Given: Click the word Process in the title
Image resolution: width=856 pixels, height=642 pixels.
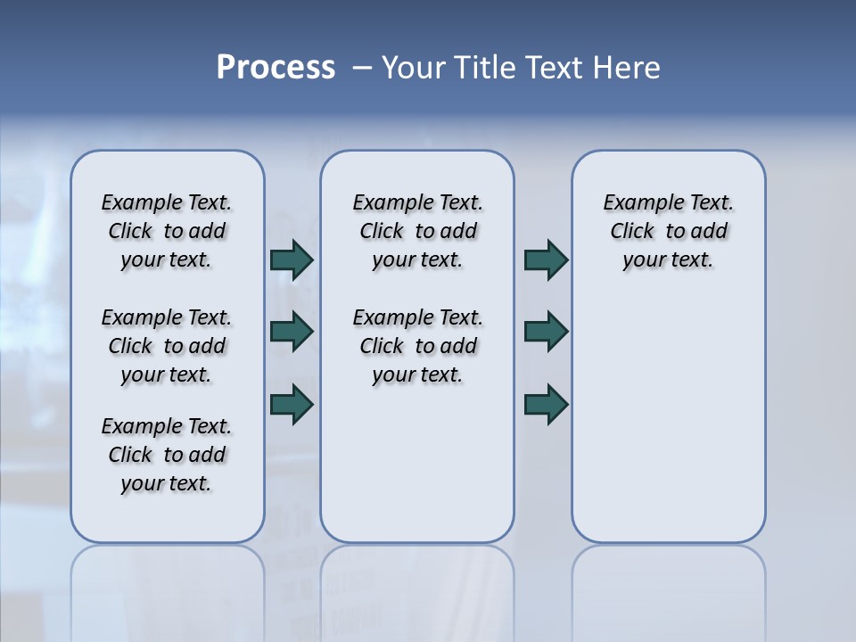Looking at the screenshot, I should pyautogui.click(x=276, y=68).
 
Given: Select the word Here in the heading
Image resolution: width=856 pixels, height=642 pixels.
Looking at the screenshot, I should pyautogui.click(x=627, y=68).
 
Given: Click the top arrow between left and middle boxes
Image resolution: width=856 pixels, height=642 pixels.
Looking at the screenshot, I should pyautogui.click(x=292, y=260).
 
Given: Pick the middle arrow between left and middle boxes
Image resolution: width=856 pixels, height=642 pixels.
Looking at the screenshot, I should pyautogui.click(x=292, y=332).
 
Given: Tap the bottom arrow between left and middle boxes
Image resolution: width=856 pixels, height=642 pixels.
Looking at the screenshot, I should pyautogui.click(x=292, y=404).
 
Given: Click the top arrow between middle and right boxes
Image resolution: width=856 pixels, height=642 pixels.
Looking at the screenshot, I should pyautogui.click(x=546, y=260).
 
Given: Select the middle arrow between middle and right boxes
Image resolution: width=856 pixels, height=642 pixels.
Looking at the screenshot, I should pyautogui.click(x=546, y=332).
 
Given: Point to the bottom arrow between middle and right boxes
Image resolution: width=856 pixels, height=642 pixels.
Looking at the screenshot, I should pyautogui.click(x=546, y=404).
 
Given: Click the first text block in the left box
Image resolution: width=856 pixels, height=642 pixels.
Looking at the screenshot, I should pyautogui.click(x=167, y=231).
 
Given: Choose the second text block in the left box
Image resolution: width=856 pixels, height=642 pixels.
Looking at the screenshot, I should pyautogui.click(x=167, y=346).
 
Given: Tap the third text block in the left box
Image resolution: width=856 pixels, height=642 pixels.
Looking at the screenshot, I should pyautogui.click(x=167, y=455).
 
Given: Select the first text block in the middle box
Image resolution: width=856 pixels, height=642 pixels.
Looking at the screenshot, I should pyautogui.click(x=417, y=231).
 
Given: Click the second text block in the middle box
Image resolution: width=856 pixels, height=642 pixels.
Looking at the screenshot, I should pyautogui.click(x=417, y=346).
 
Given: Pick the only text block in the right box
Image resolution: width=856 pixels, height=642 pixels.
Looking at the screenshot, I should pyautogui.click(x=669, y=231).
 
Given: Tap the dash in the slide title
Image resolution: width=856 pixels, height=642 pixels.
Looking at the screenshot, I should pyautogui.click(x=362, y=68).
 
